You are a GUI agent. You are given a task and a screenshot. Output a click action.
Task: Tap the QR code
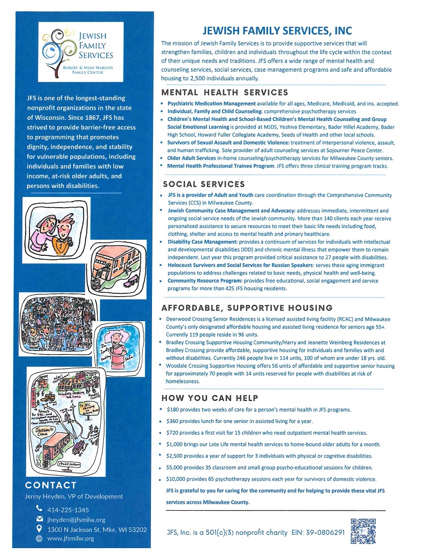click(x=360, y=531)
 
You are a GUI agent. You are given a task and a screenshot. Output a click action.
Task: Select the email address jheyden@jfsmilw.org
click(x=77, y=519)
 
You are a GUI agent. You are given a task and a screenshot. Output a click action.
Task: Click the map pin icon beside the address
click(x=39, y=529)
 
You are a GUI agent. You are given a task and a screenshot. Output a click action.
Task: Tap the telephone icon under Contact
click(x=39, y=509)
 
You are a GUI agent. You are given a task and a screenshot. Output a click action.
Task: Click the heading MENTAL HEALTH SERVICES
click(x=225, y=93)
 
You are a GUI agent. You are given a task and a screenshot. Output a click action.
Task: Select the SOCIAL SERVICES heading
click(x=204, y=184)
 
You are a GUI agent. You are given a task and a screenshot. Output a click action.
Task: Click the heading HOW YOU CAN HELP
click(x=210, y=398)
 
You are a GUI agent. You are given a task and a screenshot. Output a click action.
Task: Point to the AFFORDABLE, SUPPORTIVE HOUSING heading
click(x=247, y=308)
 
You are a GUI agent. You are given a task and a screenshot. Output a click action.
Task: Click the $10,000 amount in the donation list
click(x=179, y=479)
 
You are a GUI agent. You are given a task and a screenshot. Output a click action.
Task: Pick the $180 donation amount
click(x=174, y=409)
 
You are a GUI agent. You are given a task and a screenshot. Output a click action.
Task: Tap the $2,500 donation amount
click(x=177, y=456)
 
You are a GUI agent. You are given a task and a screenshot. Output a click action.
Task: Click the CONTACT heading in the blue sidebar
click(x=51, y=485)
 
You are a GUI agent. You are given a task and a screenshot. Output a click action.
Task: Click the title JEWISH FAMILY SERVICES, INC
click(x=276, y=31)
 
